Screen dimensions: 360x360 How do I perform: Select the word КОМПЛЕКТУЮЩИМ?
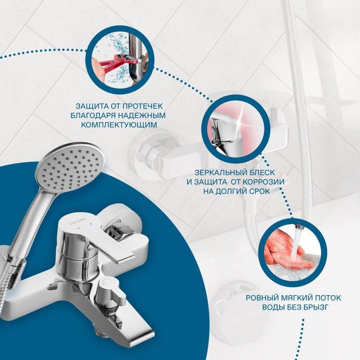pyautogui.click(x=119, y=125)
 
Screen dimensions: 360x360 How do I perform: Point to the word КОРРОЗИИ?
pyautogui.click(x=264, y=182)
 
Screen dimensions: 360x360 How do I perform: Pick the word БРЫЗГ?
pyautogui.click(x=315, y=307)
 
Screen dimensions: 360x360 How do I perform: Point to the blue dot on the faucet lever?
pyautogui.click(x=92, y=223)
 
